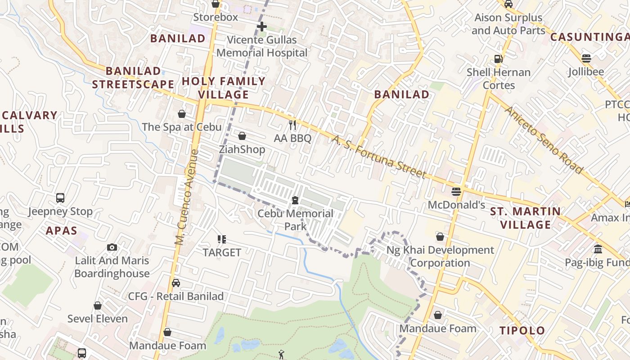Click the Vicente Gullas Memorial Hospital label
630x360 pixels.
[x=262, y=46]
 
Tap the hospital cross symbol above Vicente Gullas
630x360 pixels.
[x=262, y=27]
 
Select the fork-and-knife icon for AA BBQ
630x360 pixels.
[x=292, y=125]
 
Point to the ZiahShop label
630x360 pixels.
[x=242, y=149]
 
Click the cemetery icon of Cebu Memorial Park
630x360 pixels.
[x=295, y=200]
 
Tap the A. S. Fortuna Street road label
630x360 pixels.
[x=378, y=157]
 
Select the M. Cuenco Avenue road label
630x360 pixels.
[x=187, y=198]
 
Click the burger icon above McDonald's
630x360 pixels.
[x=456, y=192]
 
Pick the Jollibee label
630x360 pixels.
[x=586, y=72]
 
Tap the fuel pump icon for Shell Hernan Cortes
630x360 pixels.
[x=498, y=59]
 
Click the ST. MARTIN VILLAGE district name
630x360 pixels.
[x=526, y=218]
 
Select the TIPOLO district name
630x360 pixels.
[x=522, y=331]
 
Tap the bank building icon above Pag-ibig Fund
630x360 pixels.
[x=598, y=249]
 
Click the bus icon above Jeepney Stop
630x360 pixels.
[x=60, y=198]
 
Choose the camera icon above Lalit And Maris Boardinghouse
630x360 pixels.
[x=112, y=247]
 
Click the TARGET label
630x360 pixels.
[x=222, y=252]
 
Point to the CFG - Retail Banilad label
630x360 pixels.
[x=176, y=297]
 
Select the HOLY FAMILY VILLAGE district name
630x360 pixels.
[x=224, y=88]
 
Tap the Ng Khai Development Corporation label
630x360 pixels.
[x=440, y=256]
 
